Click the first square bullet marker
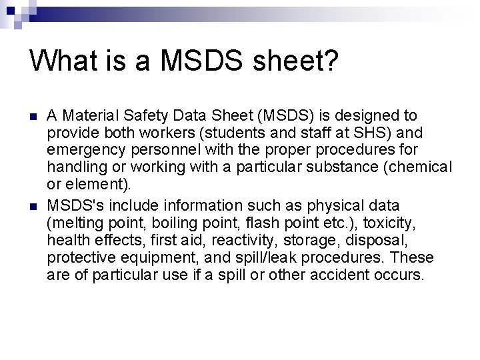click(33, 117)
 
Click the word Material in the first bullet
click(86, 117)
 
